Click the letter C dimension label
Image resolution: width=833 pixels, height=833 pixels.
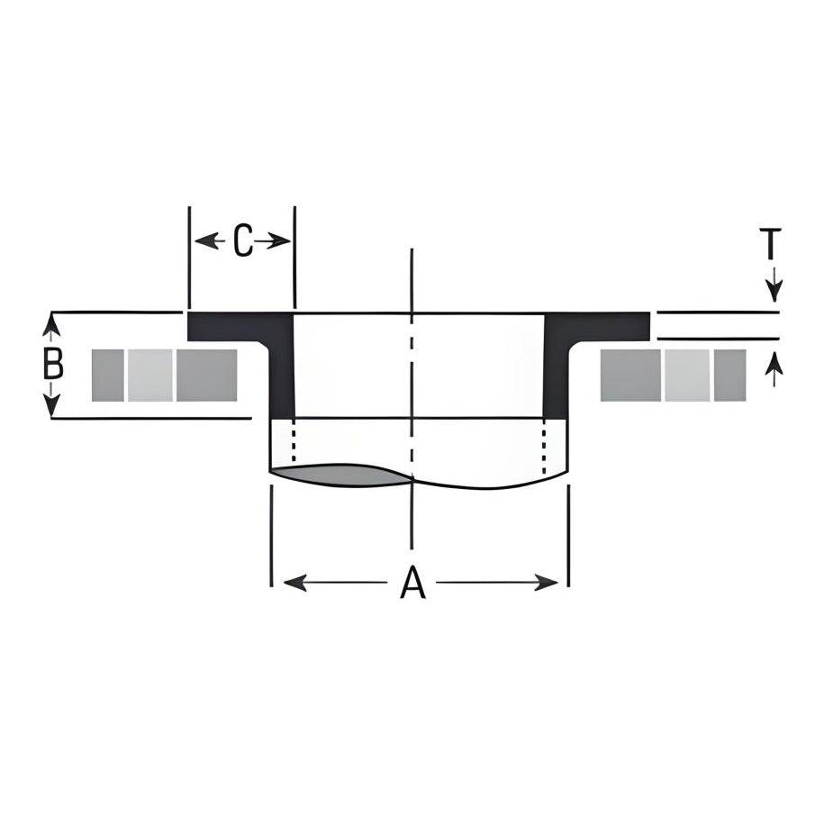tap(243, 241)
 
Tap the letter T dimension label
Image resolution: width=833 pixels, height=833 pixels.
tap(771, 244)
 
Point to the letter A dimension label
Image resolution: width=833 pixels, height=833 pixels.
tap(412, 584)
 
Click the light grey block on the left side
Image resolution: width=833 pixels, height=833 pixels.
tap(149, 376)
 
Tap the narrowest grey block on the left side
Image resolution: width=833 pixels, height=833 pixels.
tap(107, 376)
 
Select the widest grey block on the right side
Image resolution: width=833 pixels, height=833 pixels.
tap(630, 376)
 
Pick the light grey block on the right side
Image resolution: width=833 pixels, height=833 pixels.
tap(688, 376)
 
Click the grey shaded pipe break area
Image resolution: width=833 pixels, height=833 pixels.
tap(342, 475)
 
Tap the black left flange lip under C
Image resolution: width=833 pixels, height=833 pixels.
tap(225, 326)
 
